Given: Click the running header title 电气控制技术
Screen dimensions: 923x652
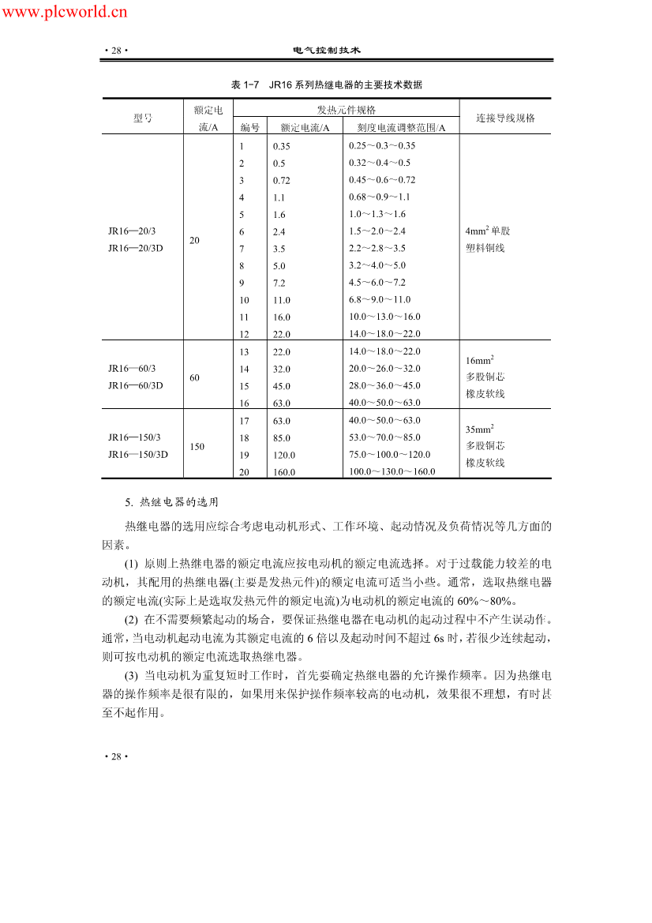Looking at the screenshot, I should pyautogui.click(x=326, y=50).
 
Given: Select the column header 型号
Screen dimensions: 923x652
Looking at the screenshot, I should pyautogui.click(x=142, y=118).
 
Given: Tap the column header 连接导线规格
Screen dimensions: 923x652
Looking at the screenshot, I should pyautogui.click(x=505, y=118).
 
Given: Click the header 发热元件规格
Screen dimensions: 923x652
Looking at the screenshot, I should pyautogui.click(x=346, y=110).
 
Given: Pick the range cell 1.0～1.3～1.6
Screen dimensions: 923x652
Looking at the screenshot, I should pyautogui.click(x=377, y=214).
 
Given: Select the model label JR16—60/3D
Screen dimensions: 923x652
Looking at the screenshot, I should pyautogui.click(x=135, y=385).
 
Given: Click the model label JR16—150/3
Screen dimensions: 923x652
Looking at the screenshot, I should pyautogui.click(x=133, y=437).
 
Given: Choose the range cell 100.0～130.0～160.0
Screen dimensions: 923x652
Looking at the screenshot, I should pyautogui.click(x=392, y=471).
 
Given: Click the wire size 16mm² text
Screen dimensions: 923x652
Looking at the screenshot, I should pyautogui.click(x=480, y=360).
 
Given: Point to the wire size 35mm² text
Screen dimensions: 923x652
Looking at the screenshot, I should pyautogui.click(x=480, y=429).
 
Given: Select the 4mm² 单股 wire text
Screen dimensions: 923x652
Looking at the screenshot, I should pyautogui.click(x=488, y=231).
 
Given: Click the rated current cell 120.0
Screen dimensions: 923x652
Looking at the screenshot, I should pyautogui.click(x=285, y=455).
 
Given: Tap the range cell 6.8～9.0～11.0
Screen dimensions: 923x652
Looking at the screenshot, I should pyautogui.click(x=380, y=299).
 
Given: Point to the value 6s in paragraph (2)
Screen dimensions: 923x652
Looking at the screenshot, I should pyautogui.click(x=440, y=638).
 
